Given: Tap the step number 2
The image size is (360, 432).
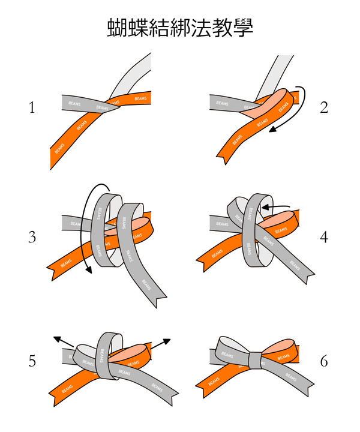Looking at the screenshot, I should (x=325, y=108).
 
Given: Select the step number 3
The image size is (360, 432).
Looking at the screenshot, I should (x=32, y=237).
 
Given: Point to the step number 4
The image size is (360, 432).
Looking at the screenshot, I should (x=325, y=237).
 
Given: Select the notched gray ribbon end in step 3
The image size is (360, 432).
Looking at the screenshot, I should (x=157, y=297).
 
